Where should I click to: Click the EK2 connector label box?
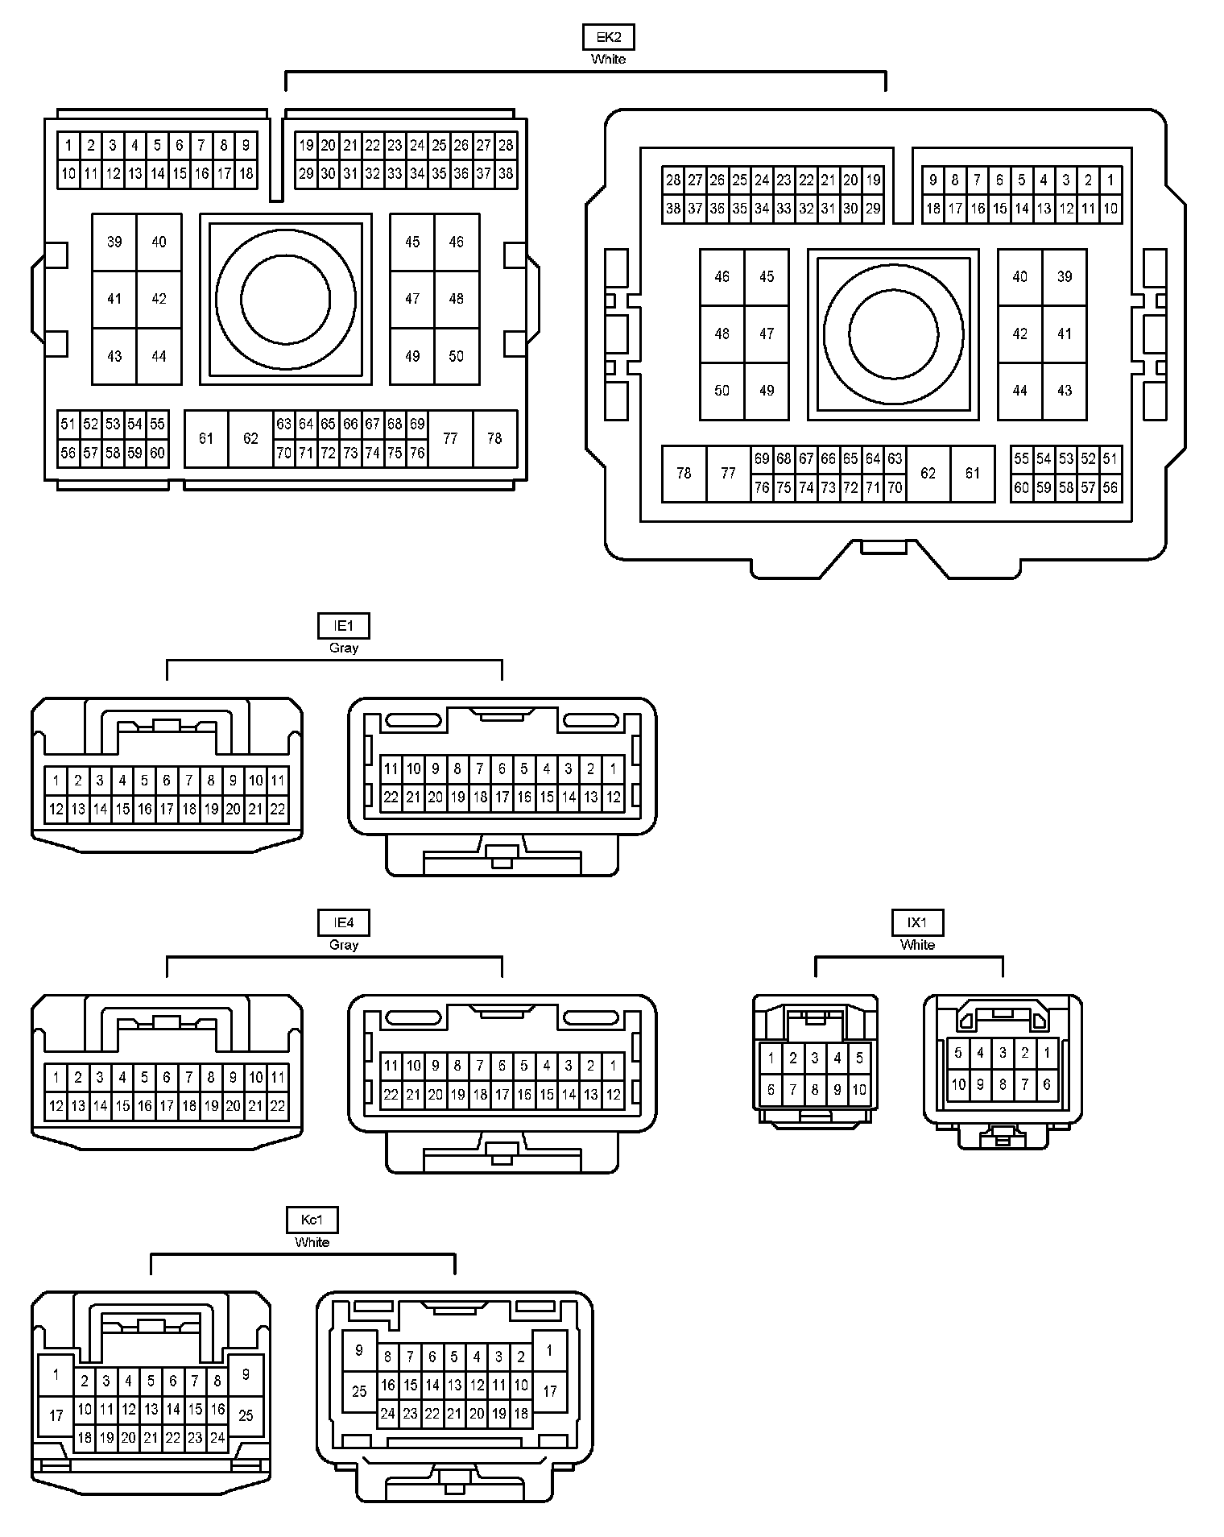tap(608, 37)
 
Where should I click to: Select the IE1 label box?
tap(344, 626)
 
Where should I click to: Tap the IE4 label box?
tap(344, 923)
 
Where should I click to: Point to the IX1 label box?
tap(917, 923)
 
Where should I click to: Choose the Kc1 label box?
tap(312, 1220)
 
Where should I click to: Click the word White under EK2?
tap(608, 59)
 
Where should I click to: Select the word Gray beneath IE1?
tap(344, 648)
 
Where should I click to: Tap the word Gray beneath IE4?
tap(344, 945)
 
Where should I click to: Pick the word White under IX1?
tap(917, 945)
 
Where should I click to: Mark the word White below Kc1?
tap(312, 1242)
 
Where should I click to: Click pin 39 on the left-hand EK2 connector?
tap(114, 242)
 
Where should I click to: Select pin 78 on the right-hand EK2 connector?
tap(684, 473)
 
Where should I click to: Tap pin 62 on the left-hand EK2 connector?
tap(250, 438)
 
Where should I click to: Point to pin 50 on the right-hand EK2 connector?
tap(722, 391)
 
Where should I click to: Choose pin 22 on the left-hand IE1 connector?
tap(277, 809)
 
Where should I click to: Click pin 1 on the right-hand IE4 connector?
tap(613, 1066)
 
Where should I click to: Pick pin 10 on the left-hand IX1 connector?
tap(859, 1090)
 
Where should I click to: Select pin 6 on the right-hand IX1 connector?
tap(1047, 1084)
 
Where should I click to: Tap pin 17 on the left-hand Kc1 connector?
tap(56, 1415)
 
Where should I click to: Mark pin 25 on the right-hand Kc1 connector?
tap(359, 1391)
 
